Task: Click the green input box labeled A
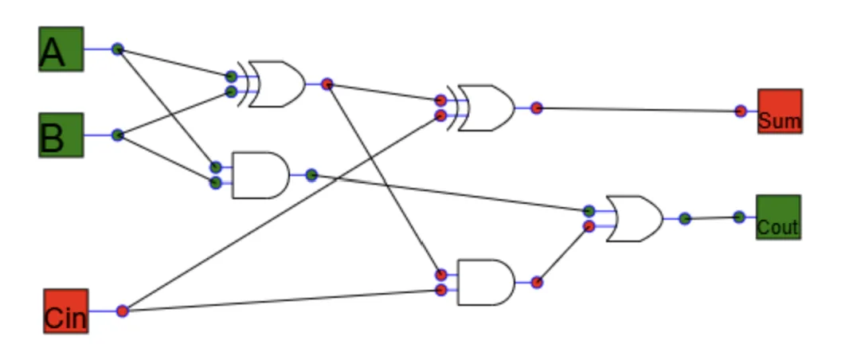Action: [x=61, y=49]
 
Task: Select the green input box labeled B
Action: [x=61, y=135]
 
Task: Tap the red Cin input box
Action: [x=66, y=311]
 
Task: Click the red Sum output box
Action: [x=780, y=112]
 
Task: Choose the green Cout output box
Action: [x=778, y=217]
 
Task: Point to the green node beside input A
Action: [x=117, y=49]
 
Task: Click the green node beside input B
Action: [x=117, y=135]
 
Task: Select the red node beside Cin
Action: [x=123, y=311]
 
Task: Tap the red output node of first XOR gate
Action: [x=327, y=84]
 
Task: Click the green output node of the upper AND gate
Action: [x=311, y=175]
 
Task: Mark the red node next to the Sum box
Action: [x=741, y=112]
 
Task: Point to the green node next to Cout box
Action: [x=739, y=217]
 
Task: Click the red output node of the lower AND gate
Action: [x=537, y=283]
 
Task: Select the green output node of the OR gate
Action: [x=685, y=218]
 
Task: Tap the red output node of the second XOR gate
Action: [x=537, y=108]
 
